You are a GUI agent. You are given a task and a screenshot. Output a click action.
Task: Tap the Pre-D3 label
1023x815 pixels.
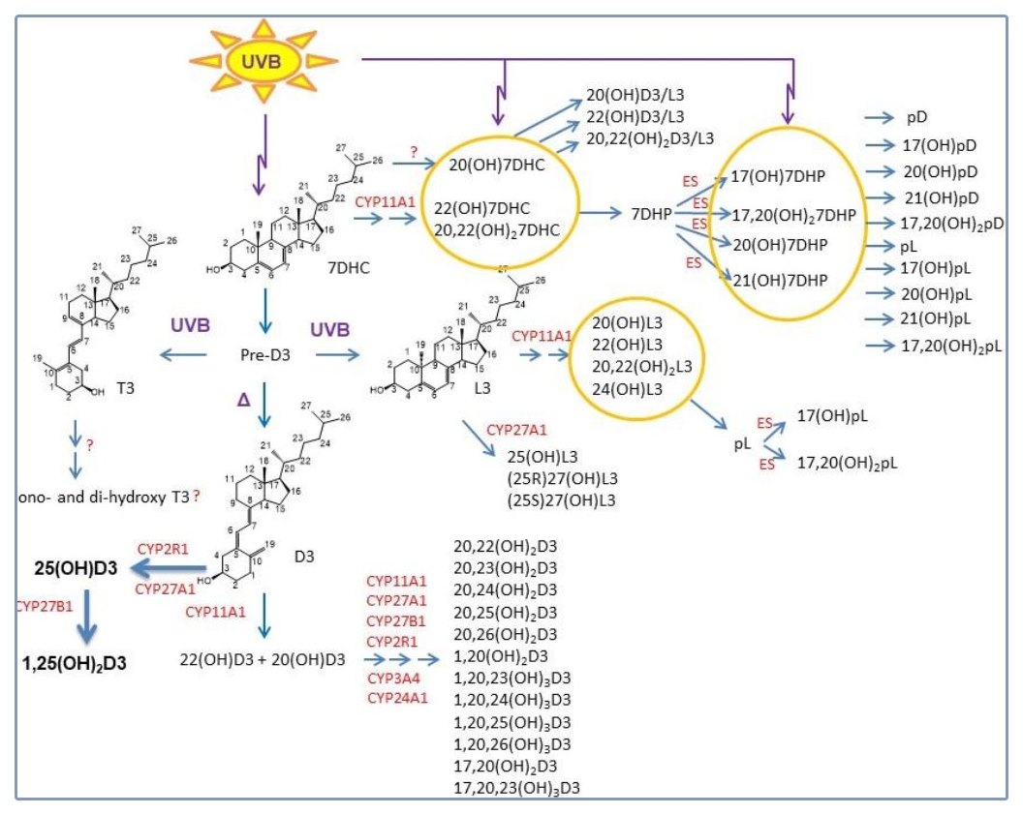pyautogui.click(x=259, y=356)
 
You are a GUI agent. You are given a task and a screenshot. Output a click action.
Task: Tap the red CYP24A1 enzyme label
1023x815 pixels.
pyautogui.click(x=396, y=696)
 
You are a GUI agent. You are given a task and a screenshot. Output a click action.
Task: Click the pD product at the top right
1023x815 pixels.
pyautogui.click(x=917, y=117)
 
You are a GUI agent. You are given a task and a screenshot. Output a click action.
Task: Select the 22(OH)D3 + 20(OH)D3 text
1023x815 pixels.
pyautogui.click(x=263, y=659)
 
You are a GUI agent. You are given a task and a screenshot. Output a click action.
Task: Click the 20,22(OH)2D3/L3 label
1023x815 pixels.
pyautogui.click(x=651, y=138)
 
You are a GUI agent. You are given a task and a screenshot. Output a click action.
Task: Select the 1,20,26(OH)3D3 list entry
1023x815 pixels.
pyautogui.click(x=511, y=743)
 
